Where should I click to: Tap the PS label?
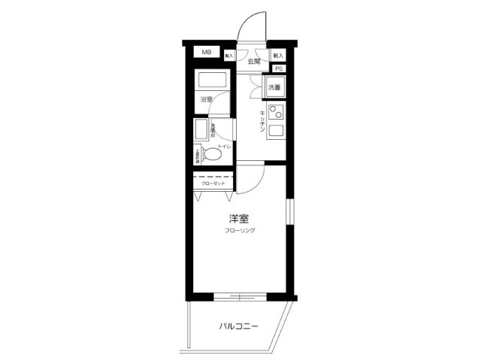[x=278, y=68]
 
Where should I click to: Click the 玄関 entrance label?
[x=253, y=61]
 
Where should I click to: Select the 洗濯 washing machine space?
[x=275, y=88]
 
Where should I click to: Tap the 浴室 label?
[x=205, y=99]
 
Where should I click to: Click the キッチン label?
[x=262, y=121]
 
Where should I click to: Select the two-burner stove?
[x=275, y=114]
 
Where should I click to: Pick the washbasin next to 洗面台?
[x=201, y=130]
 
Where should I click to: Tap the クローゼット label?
[x=212, y=183]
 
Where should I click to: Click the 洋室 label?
[x=240, y=219]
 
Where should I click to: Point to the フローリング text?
[x=240, y=230]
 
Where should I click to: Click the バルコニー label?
[x=239, y=326]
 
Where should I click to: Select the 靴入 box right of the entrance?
[x=278, y=56]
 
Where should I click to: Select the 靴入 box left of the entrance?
[x=229, y=56]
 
